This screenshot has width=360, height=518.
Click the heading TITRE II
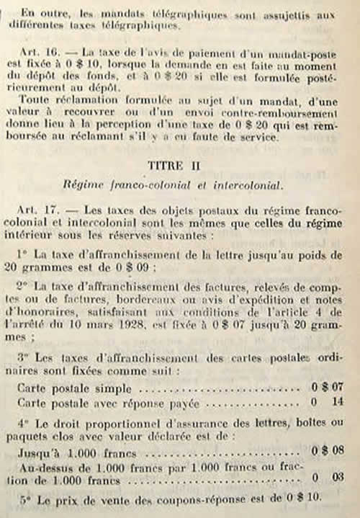click(181, 185)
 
